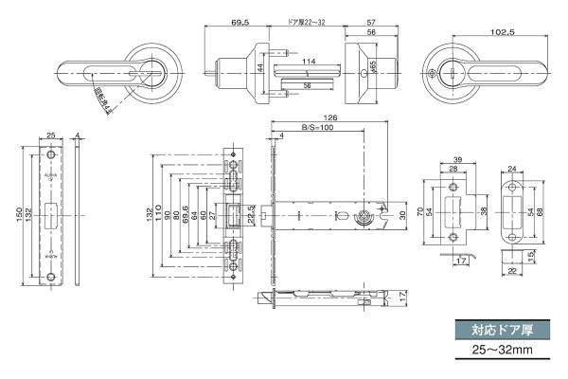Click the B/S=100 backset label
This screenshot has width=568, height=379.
[318, 127]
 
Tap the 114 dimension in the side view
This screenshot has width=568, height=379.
[309, 63]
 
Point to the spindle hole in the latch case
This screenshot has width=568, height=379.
[363, 217]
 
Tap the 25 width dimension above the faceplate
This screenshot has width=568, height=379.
[50, 135]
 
